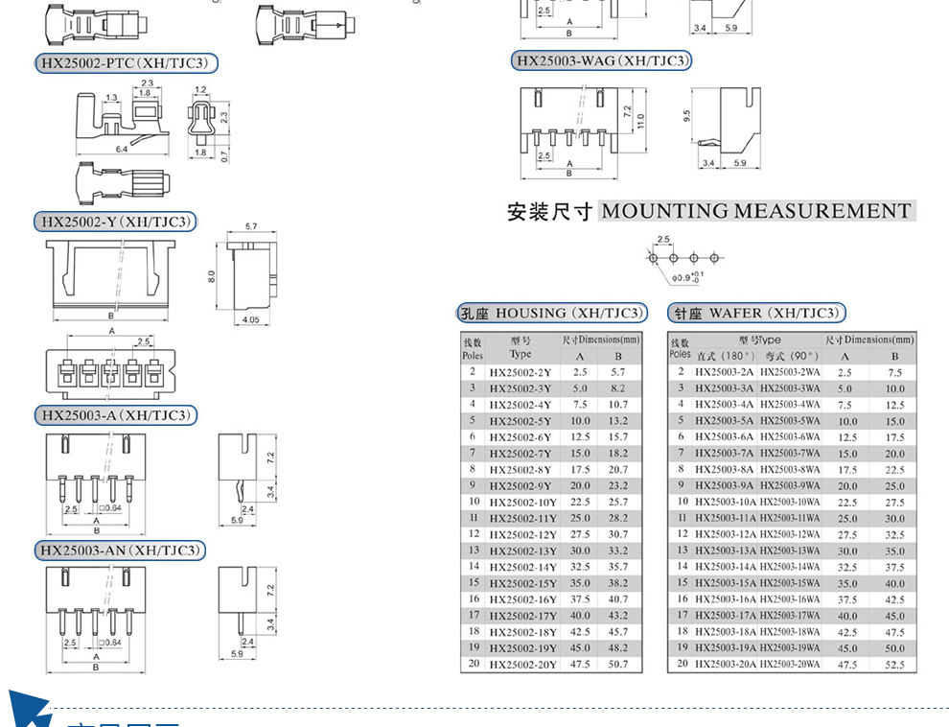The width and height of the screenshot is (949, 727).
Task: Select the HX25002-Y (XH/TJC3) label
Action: (116, 223)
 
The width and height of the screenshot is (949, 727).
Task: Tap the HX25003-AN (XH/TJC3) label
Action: (120, 551)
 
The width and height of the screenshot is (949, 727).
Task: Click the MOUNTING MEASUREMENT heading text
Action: (755, 211)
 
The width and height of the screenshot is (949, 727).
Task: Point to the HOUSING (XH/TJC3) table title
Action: (551, 314)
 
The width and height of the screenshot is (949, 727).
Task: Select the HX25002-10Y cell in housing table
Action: (522, 503)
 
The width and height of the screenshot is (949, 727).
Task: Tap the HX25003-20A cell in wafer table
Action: (726, 665)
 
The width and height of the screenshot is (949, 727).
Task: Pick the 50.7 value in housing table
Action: (618, 665)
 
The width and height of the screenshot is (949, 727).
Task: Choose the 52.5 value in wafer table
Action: (894, 665)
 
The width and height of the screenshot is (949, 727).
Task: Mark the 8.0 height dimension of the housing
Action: (212, 276)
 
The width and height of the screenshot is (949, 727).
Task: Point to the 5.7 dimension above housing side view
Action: (251, 226)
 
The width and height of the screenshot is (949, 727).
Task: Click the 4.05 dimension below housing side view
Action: (251, 319)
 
